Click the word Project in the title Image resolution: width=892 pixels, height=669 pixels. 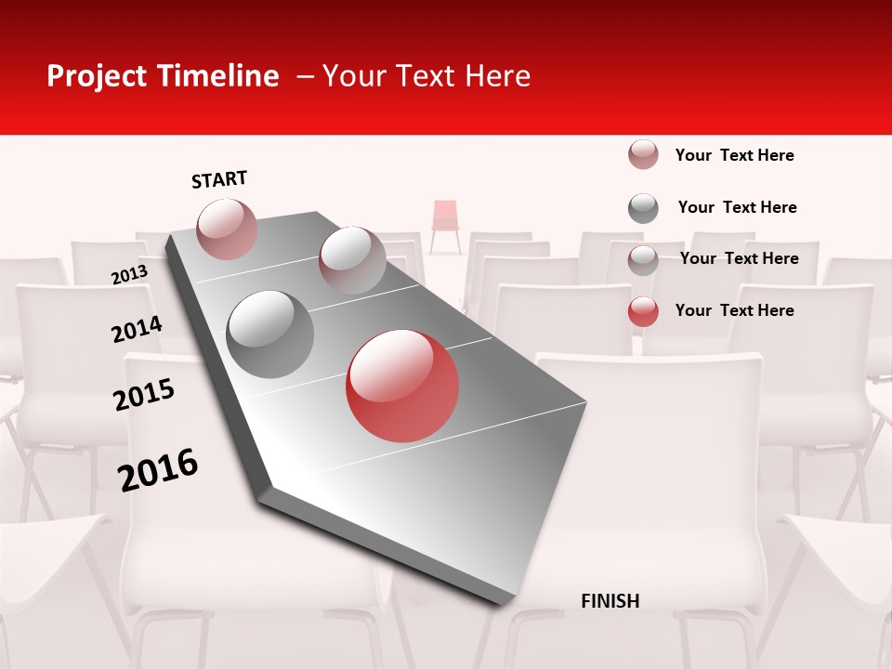pos(98,76)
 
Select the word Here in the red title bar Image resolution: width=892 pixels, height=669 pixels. pos(498,76)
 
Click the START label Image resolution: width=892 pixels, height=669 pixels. pos(219,179)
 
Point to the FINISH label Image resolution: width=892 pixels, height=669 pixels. pos(610,601)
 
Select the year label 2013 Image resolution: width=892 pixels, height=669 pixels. pos(129,276)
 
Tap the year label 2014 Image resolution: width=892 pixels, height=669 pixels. pos(137,330)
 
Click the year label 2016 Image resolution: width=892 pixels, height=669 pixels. pos(158,470)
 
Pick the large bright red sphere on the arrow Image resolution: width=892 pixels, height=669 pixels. pos(402,386)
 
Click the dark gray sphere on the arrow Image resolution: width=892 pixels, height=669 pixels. pos(270,334)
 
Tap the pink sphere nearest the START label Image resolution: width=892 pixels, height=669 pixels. pos(227,229)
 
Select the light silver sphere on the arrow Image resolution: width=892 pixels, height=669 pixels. pos(352,259)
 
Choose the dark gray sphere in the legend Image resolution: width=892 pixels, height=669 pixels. pos(643,208)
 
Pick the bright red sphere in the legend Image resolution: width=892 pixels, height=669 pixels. pos(643,312)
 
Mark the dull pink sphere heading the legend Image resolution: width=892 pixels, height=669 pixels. pos(643,154)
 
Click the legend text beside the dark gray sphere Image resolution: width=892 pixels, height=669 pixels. pos(737,207)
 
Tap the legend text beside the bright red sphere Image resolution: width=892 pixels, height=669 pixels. pos(734,310)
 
